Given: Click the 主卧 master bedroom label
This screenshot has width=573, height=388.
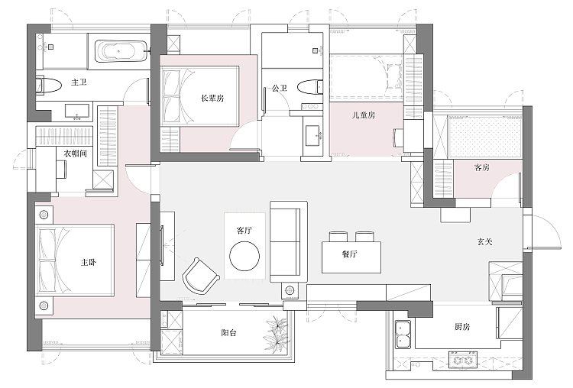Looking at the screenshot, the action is (x=89, y=262).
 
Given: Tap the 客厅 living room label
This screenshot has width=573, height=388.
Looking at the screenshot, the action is (x=244, y=231).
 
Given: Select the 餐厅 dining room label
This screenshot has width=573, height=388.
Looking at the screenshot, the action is (x=350, y=254).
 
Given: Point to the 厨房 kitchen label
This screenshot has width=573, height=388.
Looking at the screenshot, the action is (x=462, y=327).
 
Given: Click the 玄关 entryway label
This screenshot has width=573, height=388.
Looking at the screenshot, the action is (x=485, y=241).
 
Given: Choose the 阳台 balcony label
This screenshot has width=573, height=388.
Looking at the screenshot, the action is (x=228, y=333).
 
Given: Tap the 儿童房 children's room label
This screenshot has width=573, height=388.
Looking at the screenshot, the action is (x=364, y=115).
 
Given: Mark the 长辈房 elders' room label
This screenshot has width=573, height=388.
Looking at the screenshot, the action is (x=212, y=98).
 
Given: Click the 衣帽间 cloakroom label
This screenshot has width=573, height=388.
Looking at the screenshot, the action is (x=76, y=154).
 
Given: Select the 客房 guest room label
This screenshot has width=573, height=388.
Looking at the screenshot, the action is (x=481, y=168).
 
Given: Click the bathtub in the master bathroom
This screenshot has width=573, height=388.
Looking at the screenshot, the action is (x=120, y=51).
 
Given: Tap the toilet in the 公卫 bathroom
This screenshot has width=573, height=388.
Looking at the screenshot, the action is (x=310, y=87).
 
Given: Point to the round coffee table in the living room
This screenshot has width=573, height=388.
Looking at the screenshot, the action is (x=244, y=256).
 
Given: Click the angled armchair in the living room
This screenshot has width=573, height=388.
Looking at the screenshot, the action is (x=200, y=276).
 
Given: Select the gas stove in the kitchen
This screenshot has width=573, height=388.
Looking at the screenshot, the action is (x=463, y=360).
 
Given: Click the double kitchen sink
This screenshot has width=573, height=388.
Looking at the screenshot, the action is (x=403, y=335).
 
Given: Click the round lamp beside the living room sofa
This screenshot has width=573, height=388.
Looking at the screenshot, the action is (x=290, y=291).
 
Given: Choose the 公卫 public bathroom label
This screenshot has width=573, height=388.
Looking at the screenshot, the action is (x=280, y=88).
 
